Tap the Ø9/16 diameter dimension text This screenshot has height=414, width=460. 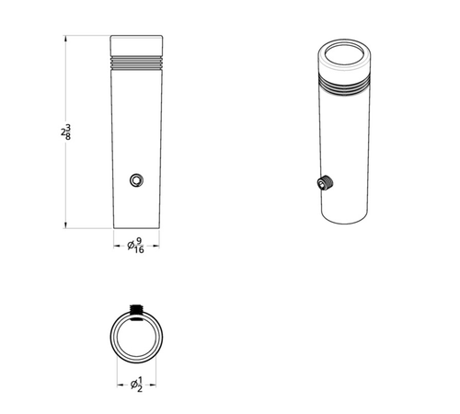click(x=135, y=246)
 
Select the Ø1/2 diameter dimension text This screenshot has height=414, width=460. click(x=135, y=384)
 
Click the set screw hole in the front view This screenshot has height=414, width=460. click(x=137, y=179)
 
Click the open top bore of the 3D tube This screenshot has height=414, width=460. click(x=346, y=54)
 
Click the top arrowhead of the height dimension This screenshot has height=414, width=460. click(x=66, y=40)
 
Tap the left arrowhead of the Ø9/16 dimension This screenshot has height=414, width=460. click(x=114, y=246)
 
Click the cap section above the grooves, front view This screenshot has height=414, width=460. click(x=136, y=45)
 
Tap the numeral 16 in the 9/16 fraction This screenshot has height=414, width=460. click(x=139, y=250)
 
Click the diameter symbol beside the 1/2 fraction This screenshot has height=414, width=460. click(x=130, y=384)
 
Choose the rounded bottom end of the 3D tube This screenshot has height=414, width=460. click(x=345, y=218)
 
